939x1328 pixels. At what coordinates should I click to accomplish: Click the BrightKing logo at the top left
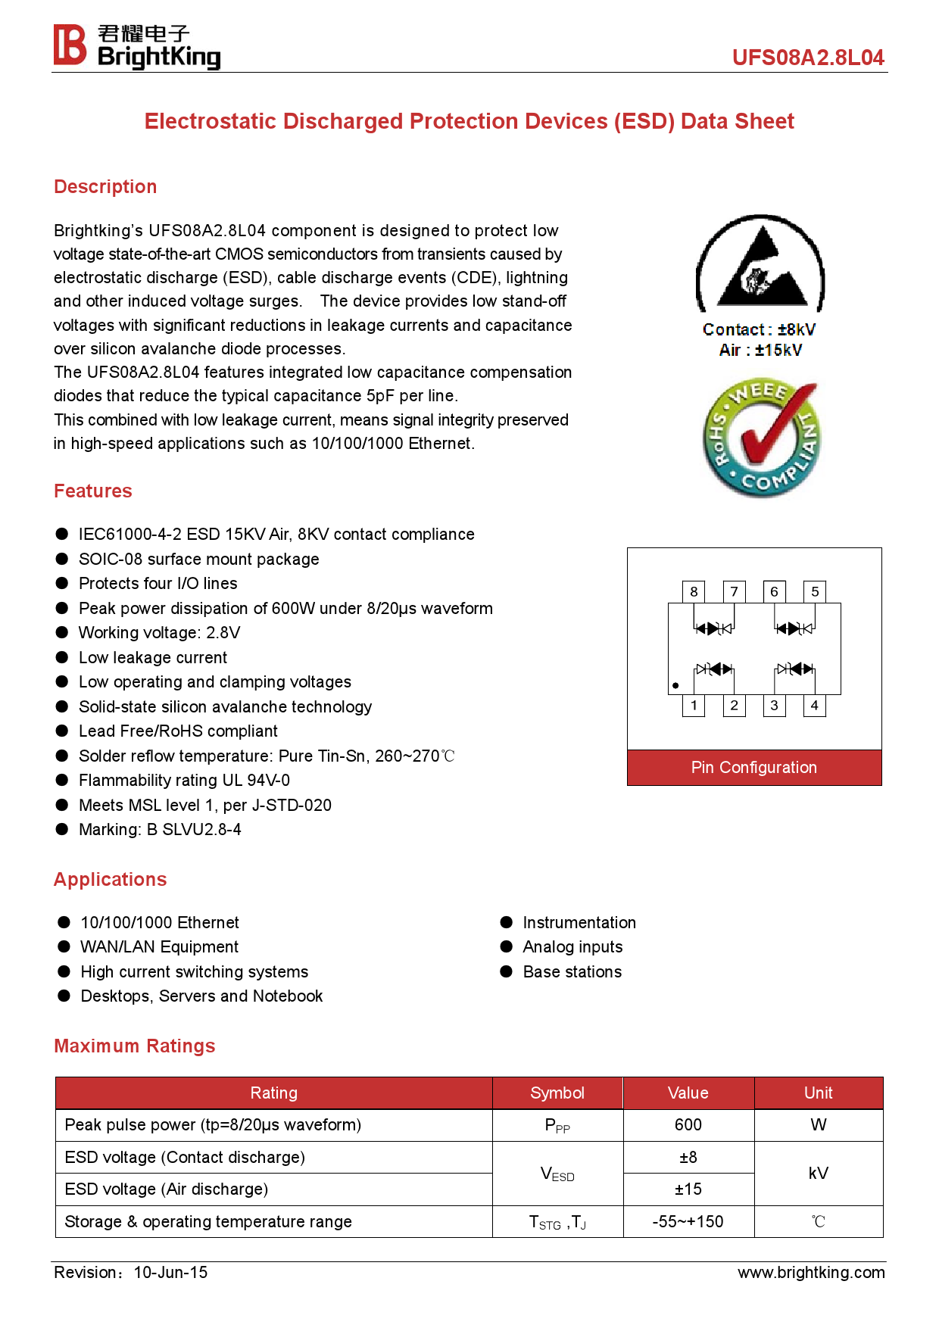pyautogui.click(x=136, y=46)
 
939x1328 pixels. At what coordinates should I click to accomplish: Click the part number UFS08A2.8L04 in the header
pyautogui.click(x=807, y=58)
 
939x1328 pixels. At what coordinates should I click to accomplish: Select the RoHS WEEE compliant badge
pyautogui.click(x=760, y=439)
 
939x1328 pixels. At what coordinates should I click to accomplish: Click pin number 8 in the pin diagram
pyautogui.click(x=694, y=592)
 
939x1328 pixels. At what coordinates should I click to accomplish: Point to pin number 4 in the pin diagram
pyautogui.click(x=814, y=706)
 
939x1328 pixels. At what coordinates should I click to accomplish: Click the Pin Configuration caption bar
pyautogui.click(x=754, y=768)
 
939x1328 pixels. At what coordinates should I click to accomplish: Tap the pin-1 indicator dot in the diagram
pyautogui.click(x=675, y=686)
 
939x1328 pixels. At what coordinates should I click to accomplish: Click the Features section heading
pyautogui.click(x=93, y=491)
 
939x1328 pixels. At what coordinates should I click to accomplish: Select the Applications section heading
pyautogui.click(x=111, y=880)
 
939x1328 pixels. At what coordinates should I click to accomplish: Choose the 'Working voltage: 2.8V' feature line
pyautogui.click(x=159, y=633)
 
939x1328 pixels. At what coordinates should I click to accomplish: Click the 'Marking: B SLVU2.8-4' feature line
pyautogui.click(x=160, y=830)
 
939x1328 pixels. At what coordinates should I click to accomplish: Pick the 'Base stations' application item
pyautogui.click(x=572, y=972)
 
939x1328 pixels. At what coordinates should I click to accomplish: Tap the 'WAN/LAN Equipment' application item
pyautogui.click(x=159, y=947)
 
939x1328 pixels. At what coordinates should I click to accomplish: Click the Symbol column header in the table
pyautogui.click(x=557, y=1093)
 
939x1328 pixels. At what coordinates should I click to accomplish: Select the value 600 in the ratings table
pyautogui.click(x=688, y=1125)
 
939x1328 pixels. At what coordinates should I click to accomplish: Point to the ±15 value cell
pyautogui.click(x=688, y=1189)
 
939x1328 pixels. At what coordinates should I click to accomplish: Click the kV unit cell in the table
pyautogui.click(x=818, y=1174)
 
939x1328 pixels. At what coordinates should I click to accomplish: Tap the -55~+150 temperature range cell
pyautogui.click(x=688, y=1222)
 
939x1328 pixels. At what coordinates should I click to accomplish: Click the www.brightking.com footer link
pyautogui.click(x=811, y=1273)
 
